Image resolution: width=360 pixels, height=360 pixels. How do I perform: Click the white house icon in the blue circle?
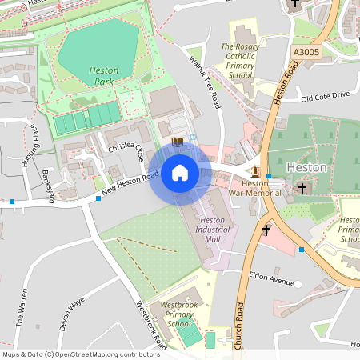[180, 173]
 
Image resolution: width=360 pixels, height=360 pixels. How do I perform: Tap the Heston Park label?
[104, 76]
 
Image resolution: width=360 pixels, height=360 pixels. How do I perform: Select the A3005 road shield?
[306, 52]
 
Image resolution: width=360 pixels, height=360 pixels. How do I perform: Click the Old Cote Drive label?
[326, 97]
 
